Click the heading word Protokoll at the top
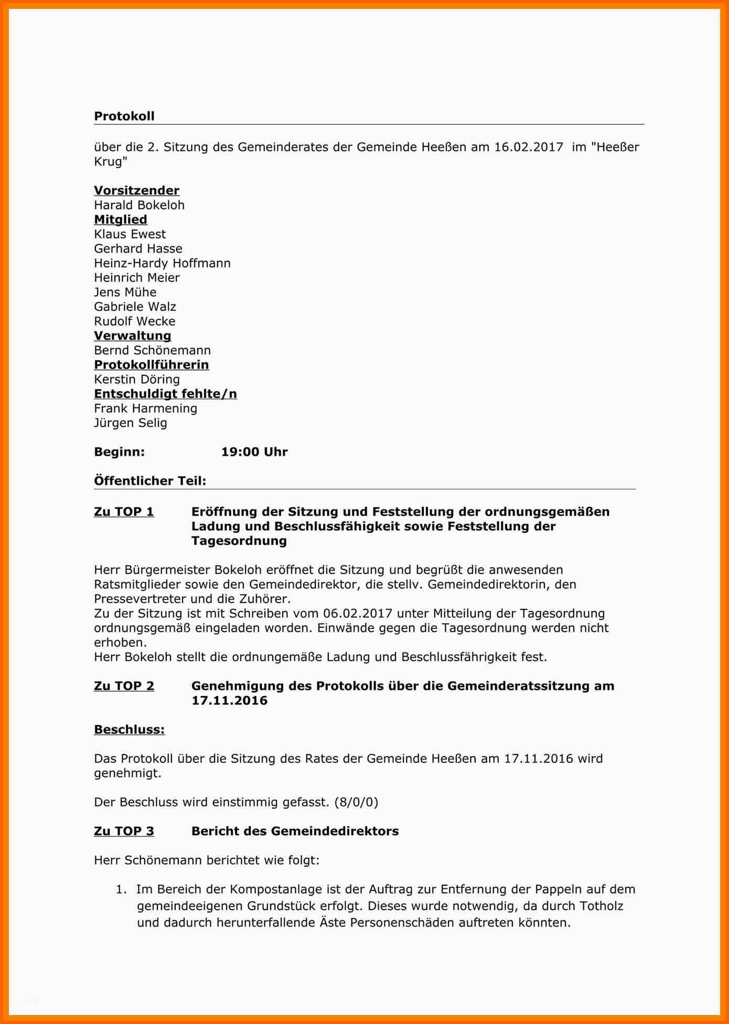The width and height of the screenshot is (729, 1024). pos(124,116)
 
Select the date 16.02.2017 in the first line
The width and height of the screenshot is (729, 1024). pos(528,147)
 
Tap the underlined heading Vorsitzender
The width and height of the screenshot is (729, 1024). pos(136,191)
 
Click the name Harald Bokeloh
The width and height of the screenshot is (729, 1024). pos(139,205)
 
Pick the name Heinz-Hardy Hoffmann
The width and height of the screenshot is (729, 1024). pos(162,264)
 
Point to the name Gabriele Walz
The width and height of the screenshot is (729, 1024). pos(135,307)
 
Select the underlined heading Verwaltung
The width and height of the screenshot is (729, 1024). pos(132,336)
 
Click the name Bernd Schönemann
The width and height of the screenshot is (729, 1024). pos(152,351)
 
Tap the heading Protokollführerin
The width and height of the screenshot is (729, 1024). pos(151,365)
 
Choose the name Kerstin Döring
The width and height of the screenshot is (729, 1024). pos(136,379)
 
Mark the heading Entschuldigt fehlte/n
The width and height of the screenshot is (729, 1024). pos(165,394)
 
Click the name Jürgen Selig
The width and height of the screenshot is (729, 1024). pos(130,423)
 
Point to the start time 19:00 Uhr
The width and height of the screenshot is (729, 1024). pos(254,452)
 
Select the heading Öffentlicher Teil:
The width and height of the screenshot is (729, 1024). pos(150,481)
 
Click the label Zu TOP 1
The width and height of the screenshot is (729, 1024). pos(124,512)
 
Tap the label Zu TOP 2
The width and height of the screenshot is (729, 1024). pos(124,687)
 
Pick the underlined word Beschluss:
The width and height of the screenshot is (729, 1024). pos(129,730)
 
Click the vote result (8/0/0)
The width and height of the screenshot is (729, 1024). pos(356,802)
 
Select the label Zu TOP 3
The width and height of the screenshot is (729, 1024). pos(124,832)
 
